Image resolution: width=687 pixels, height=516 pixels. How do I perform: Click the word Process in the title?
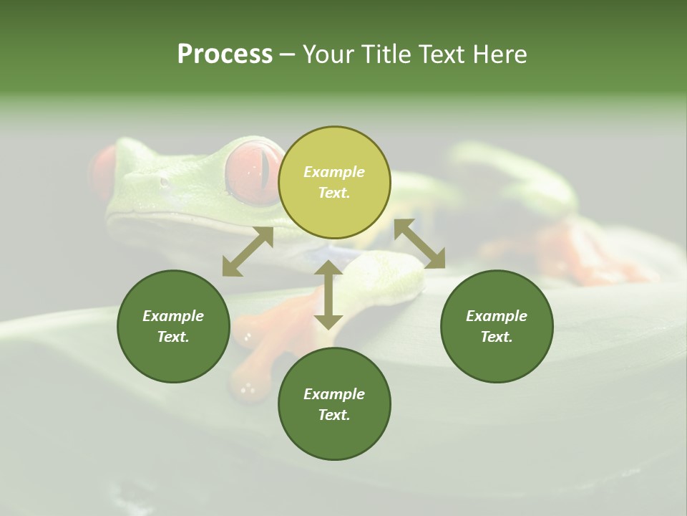pos(225,54)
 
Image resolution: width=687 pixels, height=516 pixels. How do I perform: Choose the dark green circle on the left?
pos(173,326)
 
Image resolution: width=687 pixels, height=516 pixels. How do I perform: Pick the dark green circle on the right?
pos(497,326)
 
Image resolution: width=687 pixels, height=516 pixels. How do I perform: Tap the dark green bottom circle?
pos(334,403)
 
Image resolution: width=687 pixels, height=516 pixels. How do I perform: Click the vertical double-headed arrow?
pos(328,294)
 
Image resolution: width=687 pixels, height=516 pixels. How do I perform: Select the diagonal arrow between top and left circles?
pos(248,252)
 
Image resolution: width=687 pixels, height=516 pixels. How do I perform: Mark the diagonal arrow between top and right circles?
pos(419,244)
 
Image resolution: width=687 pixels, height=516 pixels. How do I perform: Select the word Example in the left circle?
pos(173,316)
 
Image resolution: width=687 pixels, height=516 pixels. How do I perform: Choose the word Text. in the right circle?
pos(497,337)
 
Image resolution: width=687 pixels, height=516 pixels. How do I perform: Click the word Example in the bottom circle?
pos(334,394)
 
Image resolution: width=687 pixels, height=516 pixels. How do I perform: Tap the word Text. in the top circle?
pos(334,193)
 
